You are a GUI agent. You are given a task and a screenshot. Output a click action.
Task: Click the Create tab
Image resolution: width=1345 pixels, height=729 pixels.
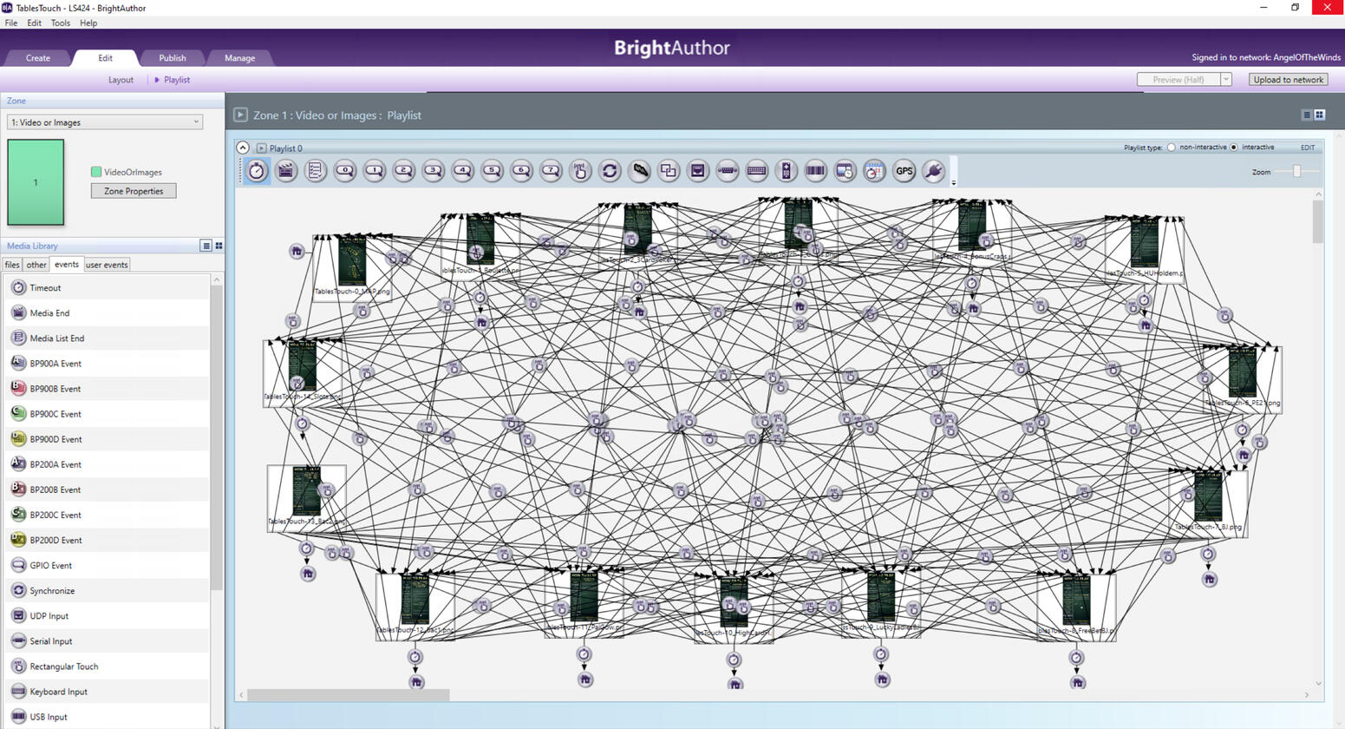pos(38,58)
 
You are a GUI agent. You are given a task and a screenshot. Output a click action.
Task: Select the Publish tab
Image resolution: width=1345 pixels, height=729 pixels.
pos(172,58)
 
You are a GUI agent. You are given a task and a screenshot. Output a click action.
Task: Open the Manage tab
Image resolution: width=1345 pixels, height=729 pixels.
pos(239,58)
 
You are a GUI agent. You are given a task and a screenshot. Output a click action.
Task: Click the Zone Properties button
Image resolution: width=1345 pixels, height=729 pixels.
pos(134,191)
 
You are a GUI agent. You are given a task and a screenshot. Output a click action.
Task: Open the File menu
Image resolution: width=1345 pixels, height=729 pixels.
pos(11,23)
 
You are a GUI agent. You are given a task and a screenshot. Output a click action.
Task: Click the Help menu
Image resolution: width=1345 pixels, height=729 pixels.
pos(88,23)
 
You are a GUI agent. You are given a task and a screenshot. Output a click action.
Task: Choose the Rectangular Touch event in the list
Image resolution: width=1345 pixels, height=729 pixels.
pos(63,667)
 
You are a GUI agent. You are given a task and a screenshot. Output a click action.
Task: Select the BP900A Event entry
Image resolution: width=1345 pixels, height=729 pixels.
pos(55,364)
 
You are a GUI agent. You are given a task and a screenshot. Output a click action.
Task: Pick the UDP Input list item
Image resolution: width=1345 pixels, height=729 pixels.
pos(49,616)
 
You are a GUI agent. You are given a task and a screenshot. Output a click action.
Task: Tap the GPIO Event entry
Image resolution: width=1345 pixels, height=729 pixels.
pos(50,566)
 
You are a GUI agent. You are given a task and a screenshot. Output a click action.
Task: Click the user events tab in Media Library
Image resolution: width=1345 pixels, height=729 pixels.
pos(107,265)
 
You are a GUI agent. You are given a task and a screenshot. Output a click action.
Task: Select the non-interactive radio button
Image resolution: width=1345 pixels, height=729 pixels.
pos(1171,148)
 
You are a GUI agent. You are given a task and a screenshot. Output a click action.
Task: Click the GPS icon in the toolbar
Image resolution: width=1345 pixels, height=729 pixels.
pos(904,171)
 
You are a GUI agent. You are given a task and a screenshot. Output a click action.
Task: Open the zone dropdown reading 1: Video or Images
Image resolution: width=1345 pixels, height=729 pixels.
pos(105,122)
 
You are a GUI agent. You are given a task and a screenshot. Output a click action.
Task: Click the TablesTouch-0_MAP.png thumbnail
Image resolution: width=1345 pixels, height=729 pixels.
pos(351,261)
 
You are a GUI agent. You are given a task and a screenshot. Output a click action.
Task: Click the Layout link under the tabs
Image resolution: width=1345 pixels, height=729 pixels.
pos(121,80)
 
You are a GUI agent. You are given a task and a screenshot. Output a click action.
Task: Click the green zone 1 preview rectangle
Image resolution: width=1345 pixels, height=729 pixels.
pos(36,182)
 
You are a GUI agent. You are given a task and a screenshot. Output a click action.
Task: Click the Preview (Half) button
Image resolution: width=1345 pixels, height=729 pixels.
pos(1178,80)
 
